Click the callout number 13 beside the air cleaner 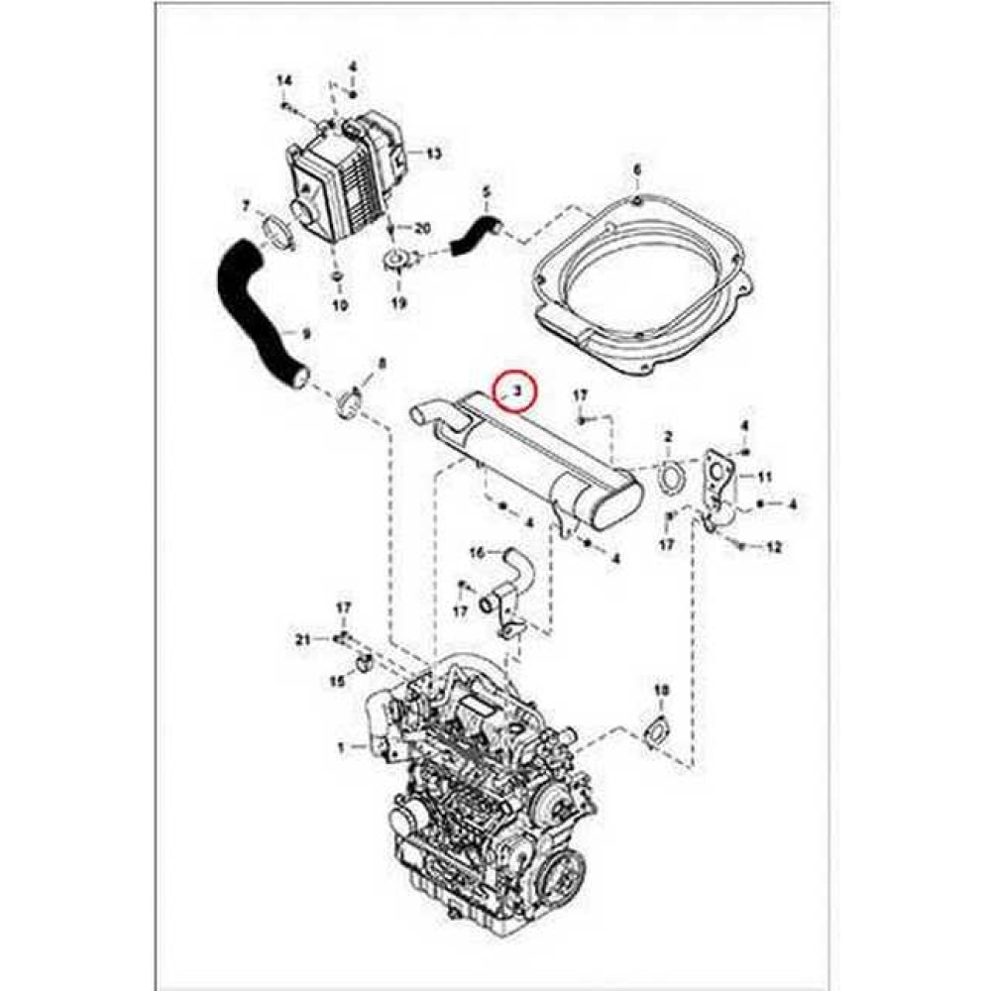(x=433, y=154)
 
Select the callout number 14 (x=283, y=80)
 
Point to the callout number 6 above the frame (x=637, y=170)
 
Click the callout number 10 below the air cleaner (x=339, y=305)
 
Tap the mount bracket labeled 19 (x=398, y=264)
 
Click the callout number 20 (x=423, y=228)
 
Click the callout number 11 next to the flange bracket (x=764, y=478)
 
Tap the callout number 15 (x=336, y=681)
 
